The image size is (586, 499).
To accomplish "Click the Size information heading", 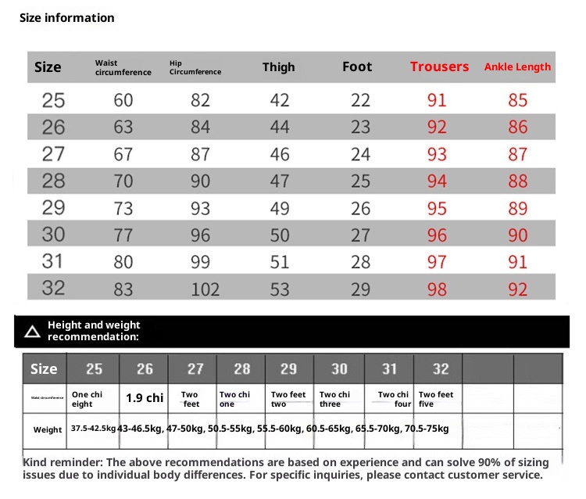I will (67, 18).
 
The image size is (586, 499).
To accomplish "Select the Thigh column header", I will (278, 67).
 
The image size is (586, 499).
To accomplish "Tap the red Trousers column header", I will (439, 67).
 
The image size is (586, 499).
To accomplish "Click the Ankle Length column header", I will (517, 67).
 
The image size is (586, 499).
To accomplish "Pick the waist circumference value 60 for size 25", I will (123, 100).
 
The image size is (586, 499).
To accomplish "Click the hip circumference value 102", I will (205, 289).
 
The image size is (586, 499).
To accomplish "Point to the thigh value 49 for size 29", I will (280, 208).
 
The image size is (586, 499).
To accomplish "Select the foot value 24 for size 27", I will (360, 154).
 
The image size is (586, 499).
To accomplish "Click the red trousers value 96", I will (438, 235).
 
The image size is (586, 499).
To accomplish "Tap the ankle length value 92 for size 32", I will (518, 289).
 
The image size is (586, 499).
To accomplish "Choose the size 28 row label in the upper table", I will (53, 181).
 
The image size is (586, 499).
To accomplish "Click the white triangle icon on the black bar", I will (32, 332).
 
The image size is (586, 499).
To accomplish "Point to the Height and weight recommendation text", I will (94, 331).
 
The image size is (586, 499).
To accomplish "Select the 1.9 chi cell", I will (145, 398).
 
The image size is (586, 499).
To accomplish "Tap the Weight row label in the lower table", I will (48, 429).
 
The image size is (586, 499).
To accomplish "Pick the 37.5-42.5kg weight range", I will (93, 429).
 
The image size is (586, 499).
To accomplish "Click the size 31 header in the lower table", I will (389, 368).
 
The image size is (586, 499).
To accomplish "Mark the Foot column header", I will (357, 67).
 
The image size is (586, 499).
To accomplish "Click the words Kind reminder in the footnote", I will (59, 463).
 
